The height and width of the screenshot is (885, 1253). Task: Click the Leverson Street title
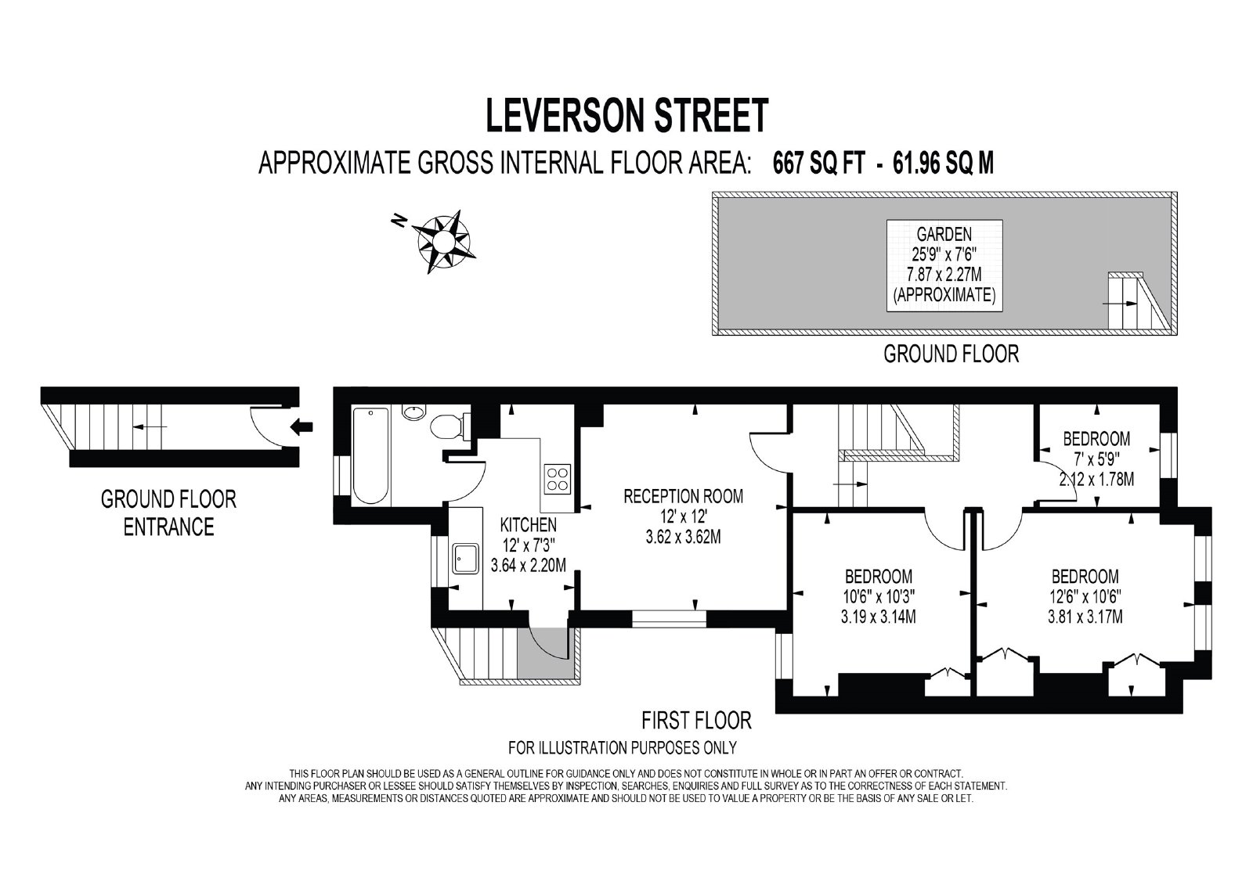point(627,116)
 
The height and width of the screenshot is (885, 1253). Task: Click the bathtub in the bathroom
point(370,455)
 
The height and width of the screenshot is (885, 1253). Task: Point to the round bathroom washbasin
point(413,412)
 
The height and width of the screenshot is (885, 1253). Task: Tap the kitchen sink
point(466,558)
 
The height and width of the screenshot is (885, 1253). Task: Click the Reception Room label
point(683,496)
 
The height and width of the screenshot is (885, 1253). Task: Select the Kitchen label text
point(528,525)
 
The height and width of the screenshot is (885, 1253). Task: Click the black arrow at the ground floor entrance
point(302,427)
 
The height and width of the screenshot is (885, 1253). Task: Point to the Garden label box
point(944,265)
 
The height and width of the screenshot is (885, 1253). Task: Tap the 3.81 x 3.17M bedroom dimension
point(1085,617)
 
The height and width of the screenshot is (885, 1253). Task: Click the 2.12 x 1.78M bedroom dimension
point(1096,479)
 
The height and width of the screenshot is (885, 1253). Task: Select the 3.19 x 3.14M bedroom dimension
point(878,617)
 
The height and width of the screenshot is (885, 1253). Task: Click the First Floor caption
point(696,721)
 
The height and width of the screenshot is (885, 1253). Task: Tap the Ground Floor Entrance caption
point(168,513)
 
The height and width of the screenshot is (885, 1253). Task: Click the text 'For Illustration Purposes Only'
point(622,747)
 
